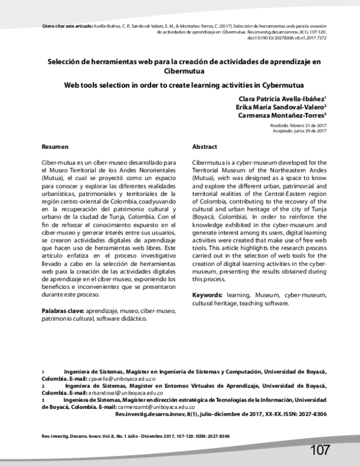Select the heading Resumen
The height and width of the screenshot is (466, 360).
click(x=55, y=147)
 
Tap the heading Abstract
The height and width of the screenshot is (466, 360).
click(x=204, y=147)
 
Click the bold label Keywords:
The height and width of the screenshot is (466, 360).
click(x=208, y=295)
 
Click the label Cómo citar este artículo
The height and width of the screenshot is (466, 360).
click(x=65, y=26)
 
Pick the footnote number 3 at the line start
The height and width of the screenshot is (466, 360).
click(x=43, y=399)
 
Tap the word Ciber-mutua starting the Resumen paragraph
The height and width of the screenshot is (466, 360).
click(x=58, y=163)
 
